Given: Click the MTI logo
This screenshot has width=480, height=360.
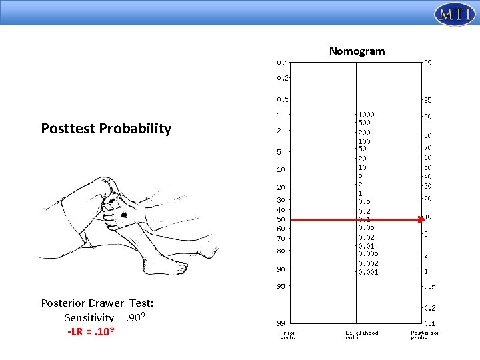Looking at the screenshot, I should click(x=454, y=14).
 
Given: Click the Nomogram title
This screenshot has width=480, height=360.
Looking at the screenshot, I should click(x=357, y=51).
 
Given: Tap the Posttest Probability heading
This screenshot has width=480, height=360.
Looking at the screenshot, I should click(x=106, y=129).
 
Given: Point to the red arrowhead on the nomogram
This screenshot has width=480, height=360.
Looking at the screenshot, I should click(x=421, y=219).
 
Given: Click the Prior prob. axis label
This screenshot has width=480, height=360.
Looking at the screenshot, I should click(x=288, y=335).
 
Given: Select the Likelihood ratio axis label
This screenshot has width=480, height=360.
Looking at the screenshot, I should click(x=361, y=335).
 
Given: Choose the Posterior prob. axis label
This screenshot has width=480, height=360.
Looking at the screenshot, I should click(x=425, y=335).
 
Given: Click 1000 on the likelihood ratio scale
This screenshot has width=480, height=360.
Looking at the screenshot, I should click(x=366, y=115).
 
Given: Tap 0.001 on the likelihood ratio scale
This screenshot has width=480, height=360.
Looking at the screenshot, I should click(x=368, y=272).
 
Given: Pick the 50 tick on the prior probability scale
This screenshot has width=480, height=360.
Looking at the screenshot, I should click(x=281, y=219).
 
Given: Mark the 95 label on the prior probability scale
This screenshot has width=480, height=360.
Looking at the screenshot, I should click(x=281, y=287).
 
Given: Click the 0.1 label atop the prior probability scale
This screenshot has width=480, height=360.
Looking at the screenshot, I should click(x=283, y=63).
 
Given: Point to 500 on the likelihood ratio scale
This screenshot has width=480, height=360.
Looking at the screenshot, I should click(x=365, y=123).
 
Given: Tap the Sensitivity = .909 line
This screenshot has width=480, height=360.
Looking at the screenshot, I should click(x=105, y=317).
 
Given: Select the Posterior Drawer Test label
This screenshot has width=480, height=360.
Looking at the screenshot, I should click(x=97, y=303).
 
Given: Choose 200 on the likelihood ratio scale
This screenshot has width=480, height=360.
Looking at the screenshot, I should click(x=365, y=133).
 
